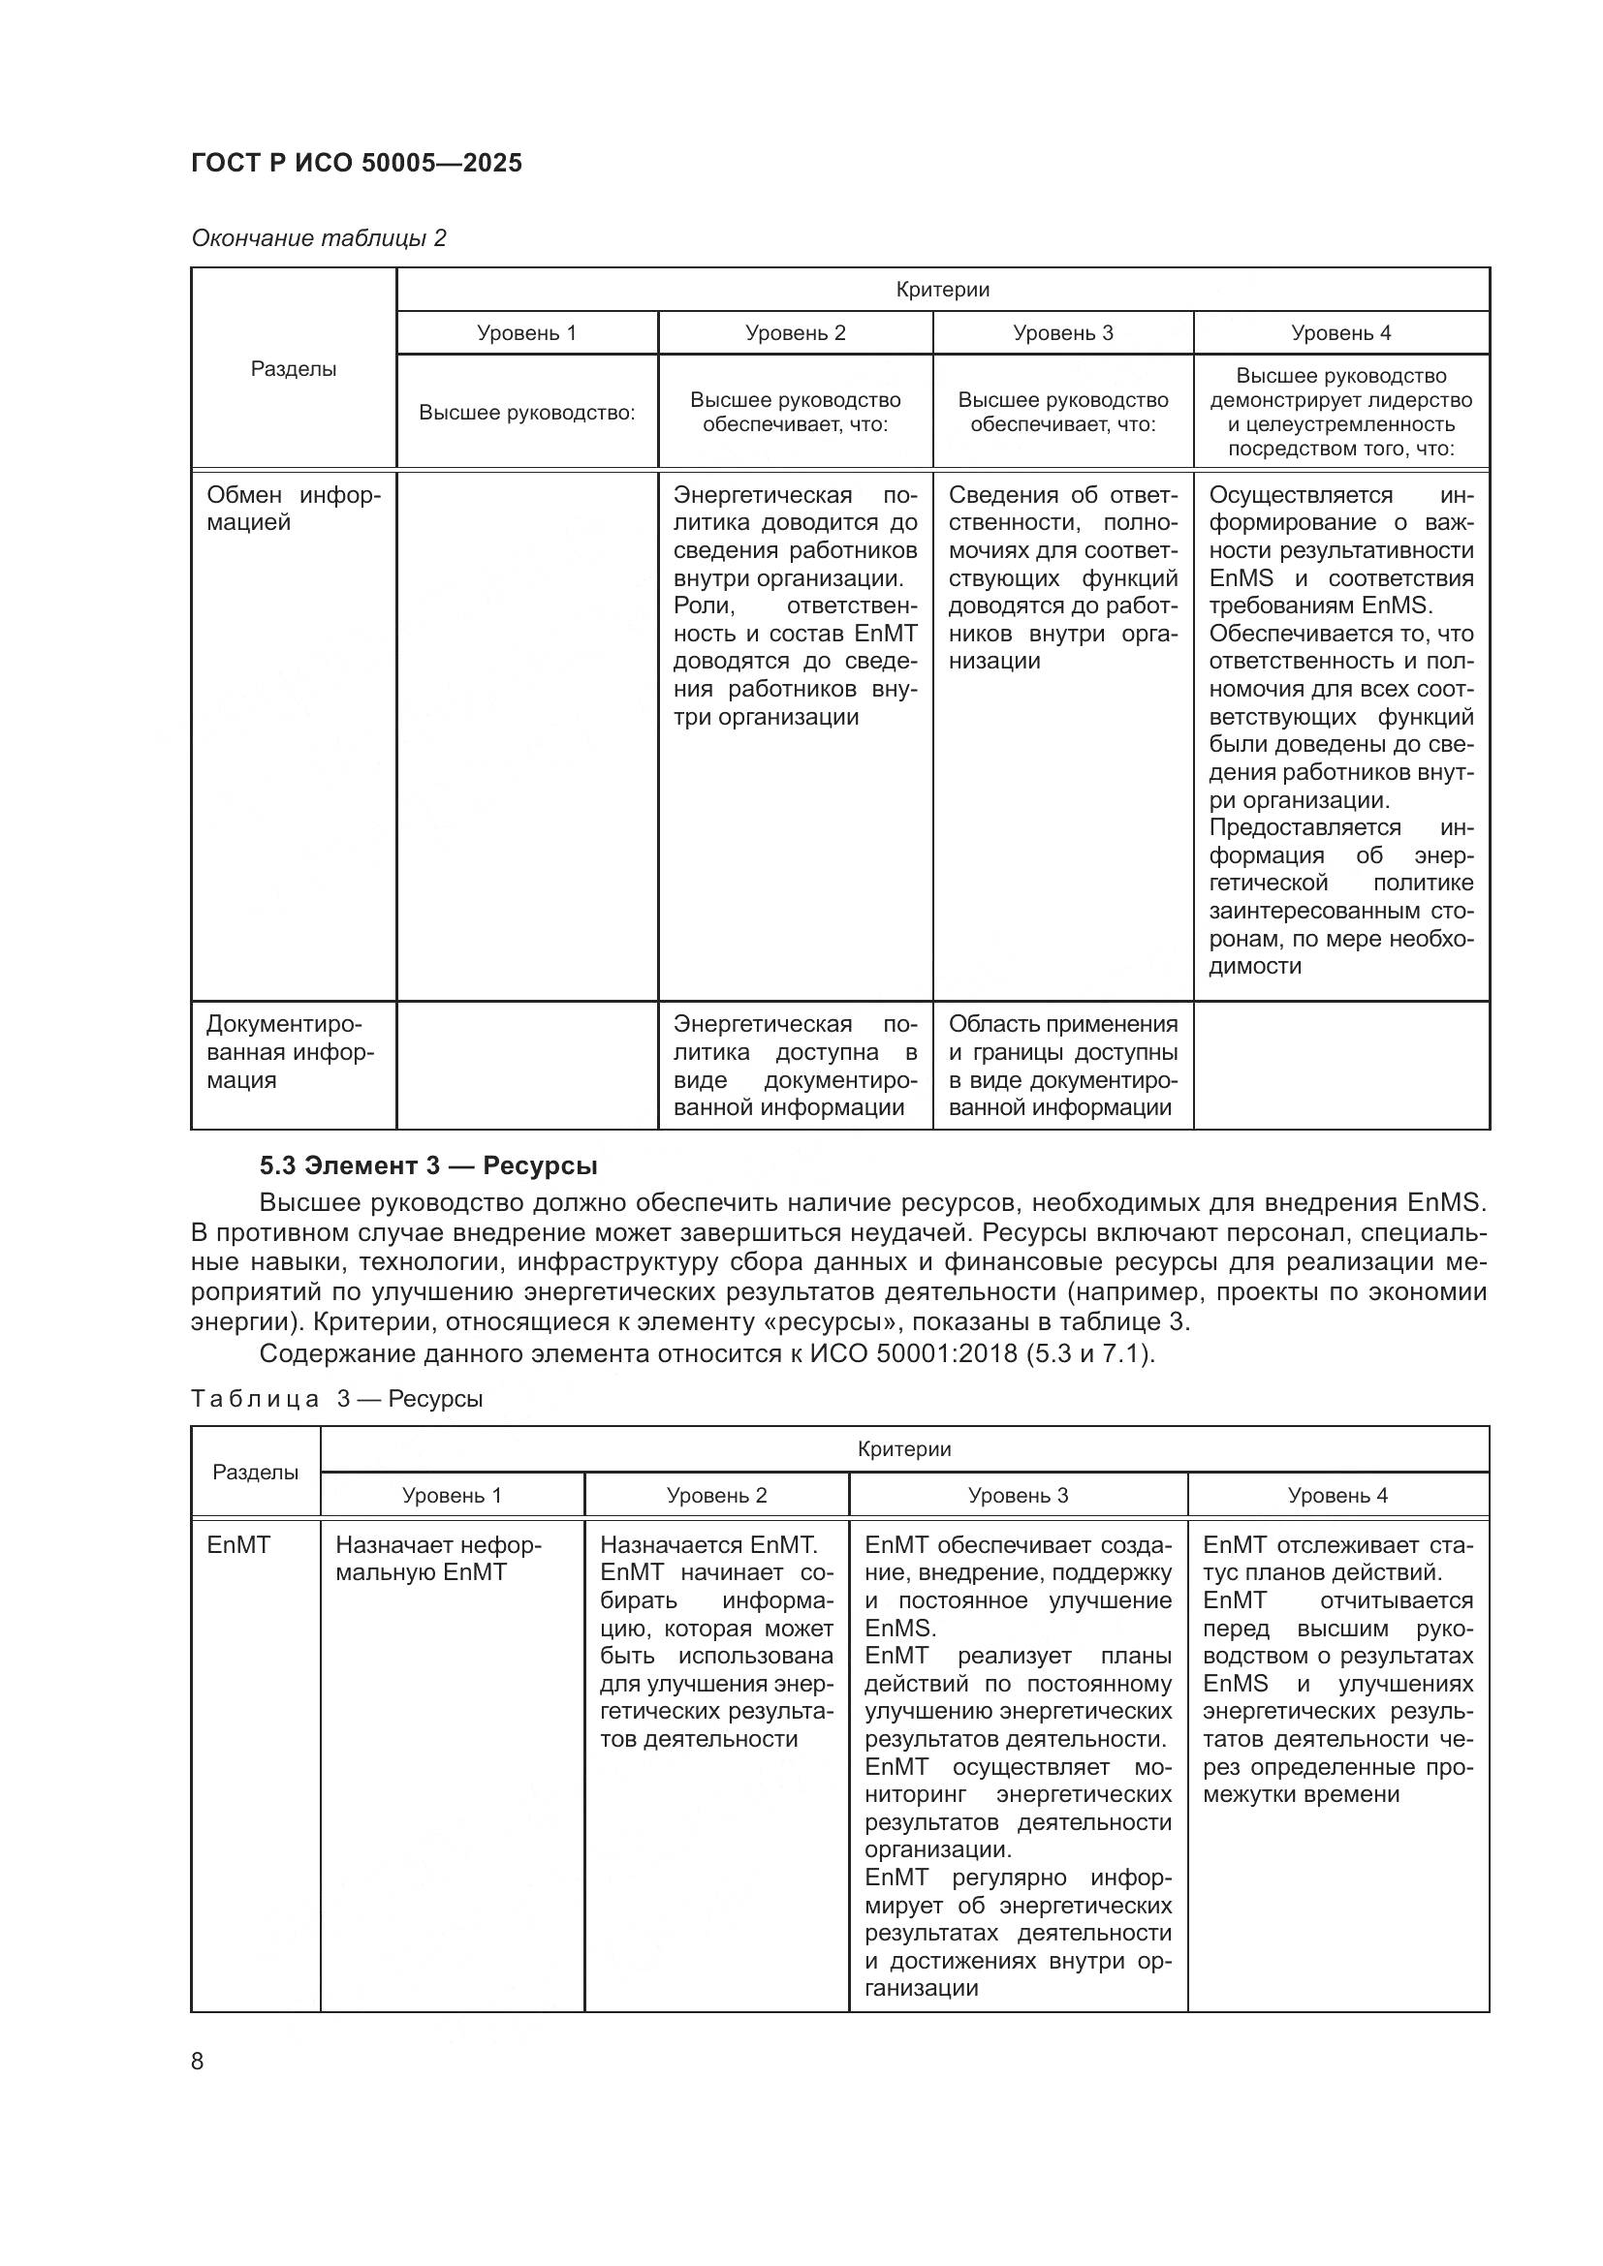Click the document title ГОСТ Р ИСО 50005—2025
(357, 163)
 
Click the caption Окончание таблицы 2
(318, 238)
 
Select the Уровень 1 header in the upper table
(526, 332)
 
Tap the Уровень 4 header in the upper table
(1340, 332)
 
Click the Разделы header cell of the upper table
(293, 369)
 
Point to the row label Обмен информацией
(293, 509)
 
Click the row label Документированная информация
(290, 1052)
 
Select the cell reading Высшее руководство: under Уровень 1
(526, 413)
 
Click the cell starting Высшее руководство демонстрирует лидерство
(1340, 412)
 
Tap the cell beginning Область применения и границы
(1062, 1066)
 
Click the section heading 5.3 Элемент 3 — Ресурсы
(427, 1165)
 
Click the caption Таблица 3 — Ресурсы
(336, 1399)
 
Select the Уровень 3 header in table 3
(1018, 1495)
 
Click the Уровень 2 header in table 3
(716, 1495)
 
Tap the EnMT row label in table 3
(237, 1545)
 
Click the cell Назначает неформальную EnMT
(438, 1559)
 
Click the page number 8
(198, 2061)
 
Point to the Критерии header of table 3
(904, 1448)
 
